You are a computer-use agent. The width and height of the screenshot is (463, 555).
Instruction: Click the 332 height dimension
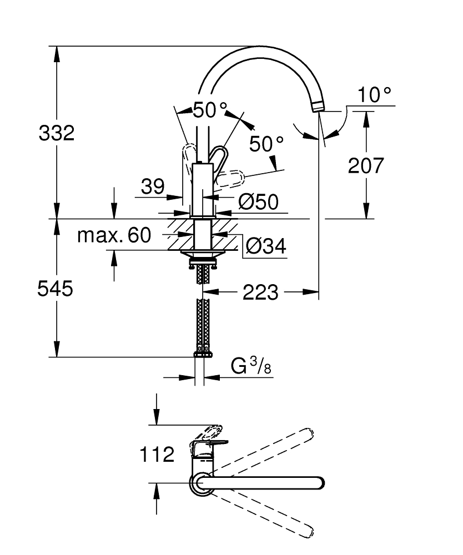[56, 133]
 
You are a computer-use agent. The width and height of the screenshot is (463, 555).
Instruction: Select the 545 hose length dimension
[56, 289]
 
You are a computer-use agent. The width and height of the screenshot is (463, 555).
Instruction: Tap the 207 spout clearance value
[365, 165]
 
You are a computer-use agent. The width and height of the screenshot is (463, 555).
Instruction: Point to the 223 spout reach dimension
[260, 291]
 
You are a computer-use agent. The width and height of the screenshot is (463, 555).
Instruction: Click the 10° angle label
[374, 95]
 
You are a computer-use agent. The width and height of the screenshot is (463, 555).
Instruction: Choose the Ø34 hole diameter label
[265, 245]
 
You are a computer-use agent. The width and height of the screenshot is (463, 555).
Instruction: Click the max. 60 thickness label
[114, 235]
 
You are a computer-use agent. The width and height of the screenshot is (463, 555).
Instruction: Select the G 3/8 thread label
[250, 367]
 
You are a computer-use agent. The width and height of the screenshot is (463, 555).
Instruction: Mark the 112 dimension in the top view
[157, 455]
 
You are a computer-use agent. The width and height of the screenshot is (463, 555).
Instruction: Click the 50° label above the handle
[210, 110]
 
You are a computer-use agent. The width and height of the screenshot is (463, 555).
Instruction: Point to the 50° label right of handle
[266, 144]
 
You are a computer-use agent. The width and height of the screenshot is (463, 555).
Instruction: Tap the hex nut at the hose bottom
[202, 353]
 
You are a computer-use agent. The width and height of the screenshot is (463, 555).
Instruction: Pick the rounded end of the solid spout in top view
[318, 483]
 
